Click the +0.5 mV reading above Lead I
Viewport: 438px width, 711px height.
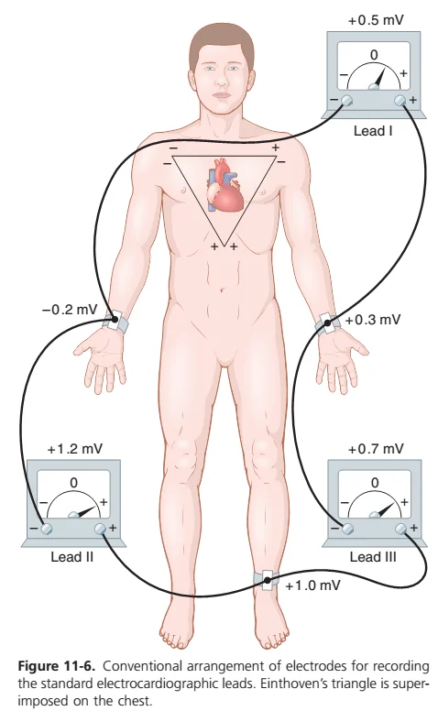[376, 20]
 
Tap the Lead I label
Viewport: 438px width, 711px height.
[373, 131]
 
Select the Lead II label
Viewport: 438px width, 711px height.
[72, 556]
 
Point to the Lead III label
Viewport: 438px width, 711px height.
[373, 556]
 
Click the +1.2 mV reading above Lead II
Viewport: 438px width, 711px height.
[75, 449]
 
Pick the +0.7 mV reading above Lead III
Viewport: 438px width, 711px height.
[376, 449]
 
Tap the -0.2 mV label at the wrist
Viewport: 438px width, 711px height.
[70, 310]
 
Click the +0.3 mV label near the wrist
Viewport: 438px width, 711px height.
[373, 320]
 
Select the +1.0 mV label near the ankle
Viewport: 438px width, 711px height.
[312, 585]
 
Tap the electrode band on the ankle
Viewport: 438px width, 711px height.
[268, 580]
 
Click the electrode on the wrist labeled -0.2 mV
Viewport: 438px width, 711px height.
[115, 322]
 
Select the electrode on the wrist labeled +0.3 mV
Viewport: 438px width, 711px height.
[326, 323]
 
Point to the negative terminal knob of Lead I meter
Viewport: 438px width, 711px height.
[347, 101]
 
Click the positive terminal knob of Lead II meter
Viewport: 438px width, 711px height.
[100, 529]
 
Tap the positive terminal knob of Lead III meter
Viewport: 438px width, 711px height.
[400, 529]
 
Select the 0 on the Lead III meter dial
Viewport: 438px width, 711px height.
[375, 483]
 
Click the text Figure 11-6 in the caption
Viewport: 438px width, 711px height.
[57, 666]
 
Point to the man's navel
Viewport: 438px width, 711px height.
[222, 290]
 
